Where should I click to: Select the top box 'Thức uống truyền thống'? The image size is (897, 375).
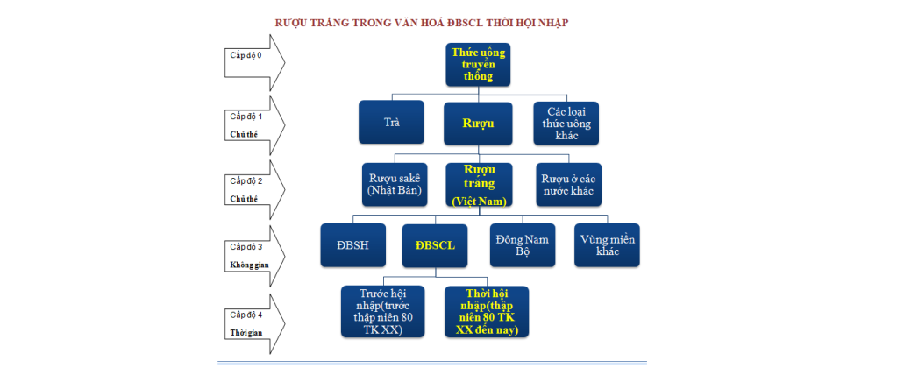tap(479, 65)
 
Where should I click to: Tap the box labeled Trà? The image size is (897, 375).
tap(391, 122)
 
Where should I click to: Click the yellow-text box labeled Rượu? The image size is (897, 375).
tap(479, 123)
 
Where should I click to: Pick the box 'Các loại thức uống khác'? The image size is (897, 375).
tap(569, 124)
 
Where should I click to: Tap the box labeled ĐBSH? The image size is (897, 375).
tap(352, 245)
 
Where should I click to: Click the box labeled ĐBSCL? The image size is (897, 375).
tap(435, 245)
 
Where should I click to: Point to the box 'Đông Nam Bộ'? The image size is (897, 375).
tap(521, 245)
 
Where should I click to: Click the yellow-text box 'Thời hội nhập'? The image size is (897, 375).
tap(487, 311)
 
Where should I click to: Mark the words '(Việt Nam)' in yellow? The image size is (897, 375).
tap(480, 202)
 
